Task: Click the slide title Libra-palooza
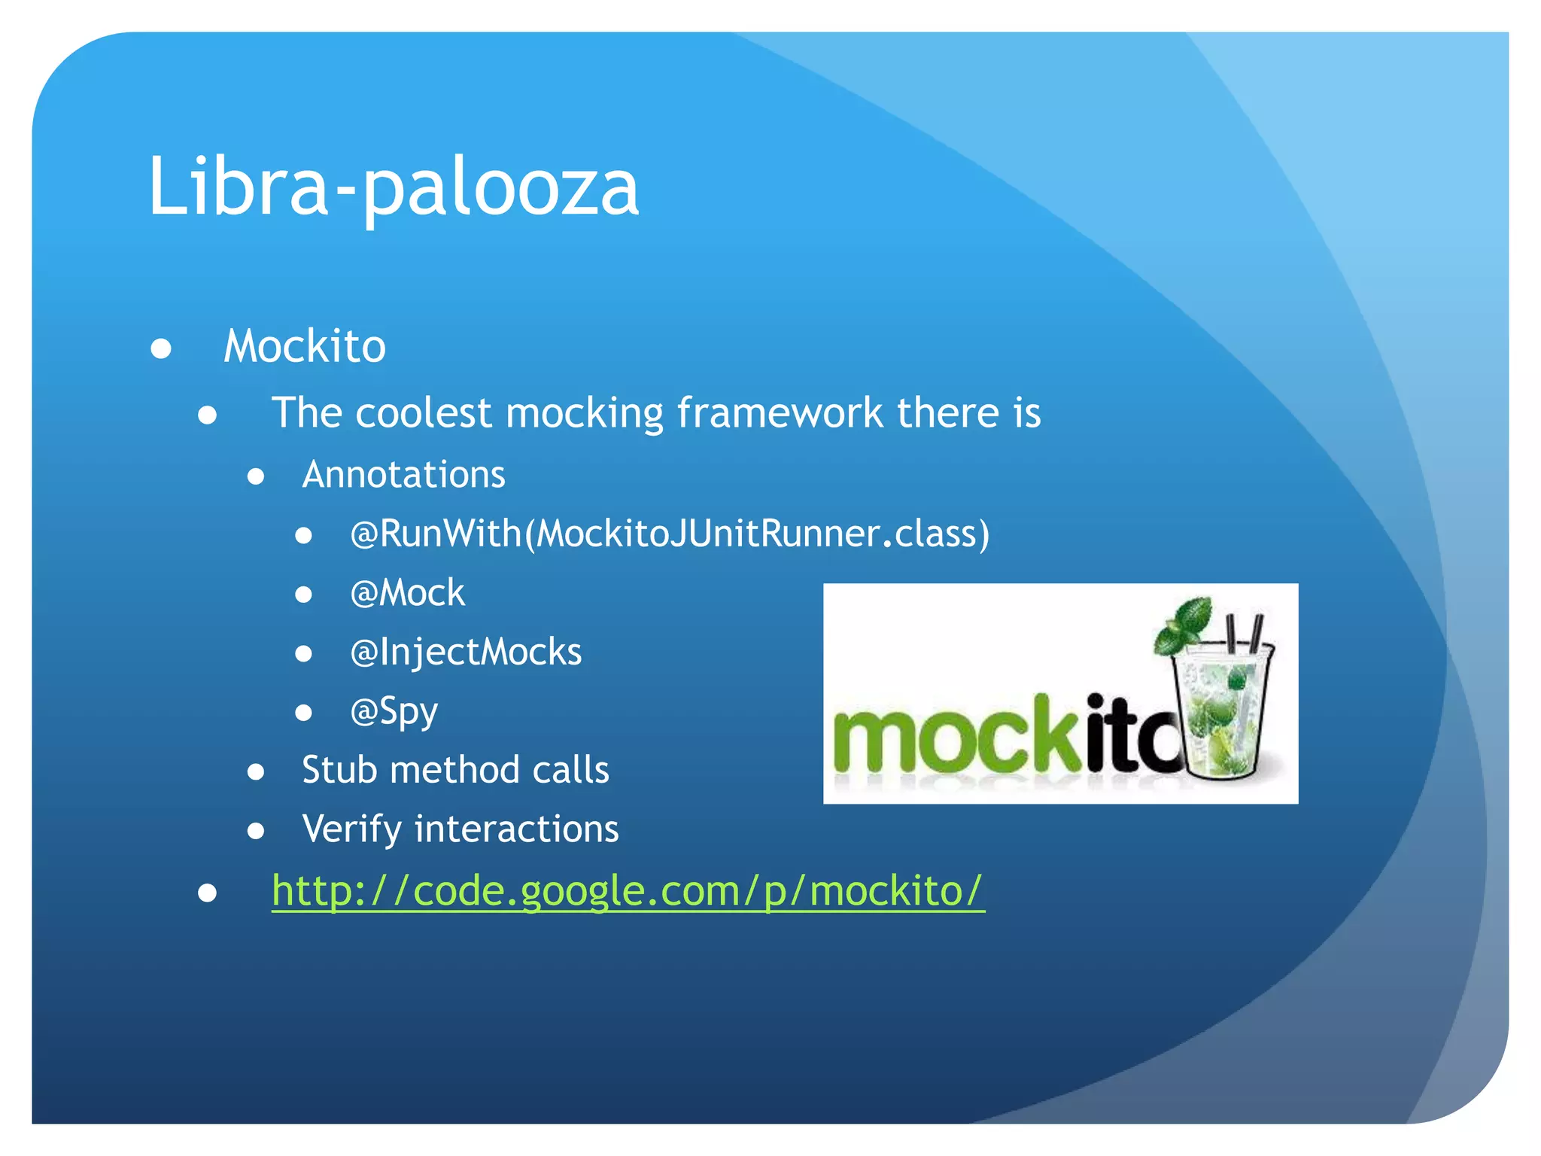point(393,186)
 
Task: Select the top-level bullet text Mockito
point(305,346)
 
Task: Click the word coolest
point(423,413)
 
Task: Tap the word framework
point(780,413)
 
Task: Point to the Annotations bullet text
point(403,475)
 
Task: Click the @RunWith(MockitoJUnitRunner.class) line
point(670,534)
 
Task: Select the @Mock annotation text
point(407,593)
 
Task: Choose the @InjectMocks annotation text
point(466,652)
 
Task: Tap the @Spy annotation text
point(394,711)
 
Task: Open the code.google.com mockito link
point(628,891)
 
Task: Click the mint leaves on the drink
point(1184,624)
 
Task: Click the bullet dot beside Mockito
point(161,348)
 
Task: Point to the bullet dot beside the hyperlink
point(208,893)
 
